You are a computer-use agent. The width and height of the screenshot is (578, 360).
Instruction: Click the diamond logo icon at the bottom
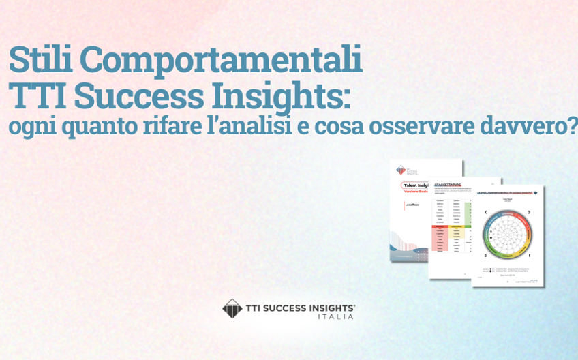tap(232, 308)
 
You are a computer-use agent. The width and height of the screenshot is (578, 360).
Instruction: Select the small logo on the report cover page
tap(401, 170)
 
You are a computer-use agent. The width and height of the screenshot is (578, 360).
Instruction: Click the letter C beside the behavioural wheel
tap(486, 213)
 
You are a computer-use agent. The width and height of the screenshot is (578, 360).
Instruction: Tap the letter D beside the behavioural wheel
tap(529, 212)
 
